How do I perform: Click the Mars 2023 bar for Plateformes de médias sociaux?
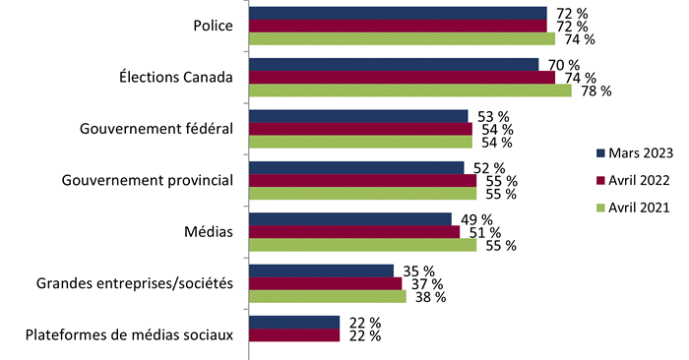coord(294,322)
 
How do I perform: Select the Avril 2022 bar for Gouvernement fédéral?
coord(360,129)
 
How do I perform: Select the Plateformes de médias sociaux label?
coord(128,334)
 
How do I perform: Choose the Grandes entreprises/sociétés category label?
coord(135,283)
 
